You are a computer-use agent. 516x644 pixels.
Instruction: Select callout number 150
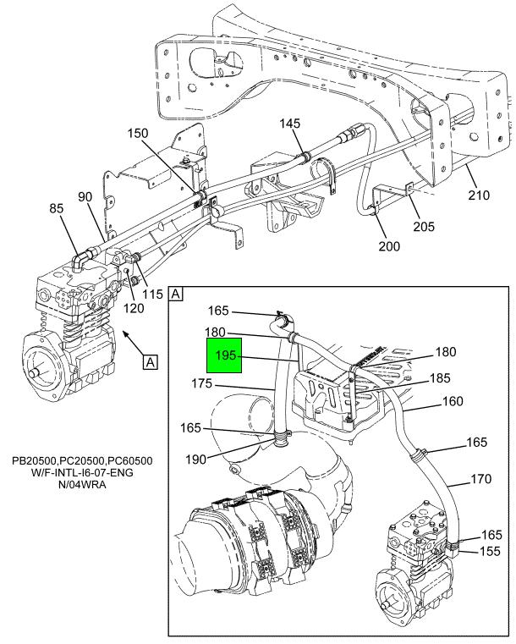pos(138,133)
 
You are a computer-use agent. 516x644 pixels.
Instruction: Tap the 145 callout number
pos(290,124)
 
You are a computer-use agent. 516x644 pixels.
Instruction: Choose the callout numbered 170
pos(480,480)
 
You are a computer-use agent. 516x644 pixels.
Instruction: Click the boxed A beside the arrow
pos(150,363)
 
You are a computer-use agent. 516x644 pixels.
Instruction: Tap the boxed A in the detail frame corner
pos(177,294)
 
